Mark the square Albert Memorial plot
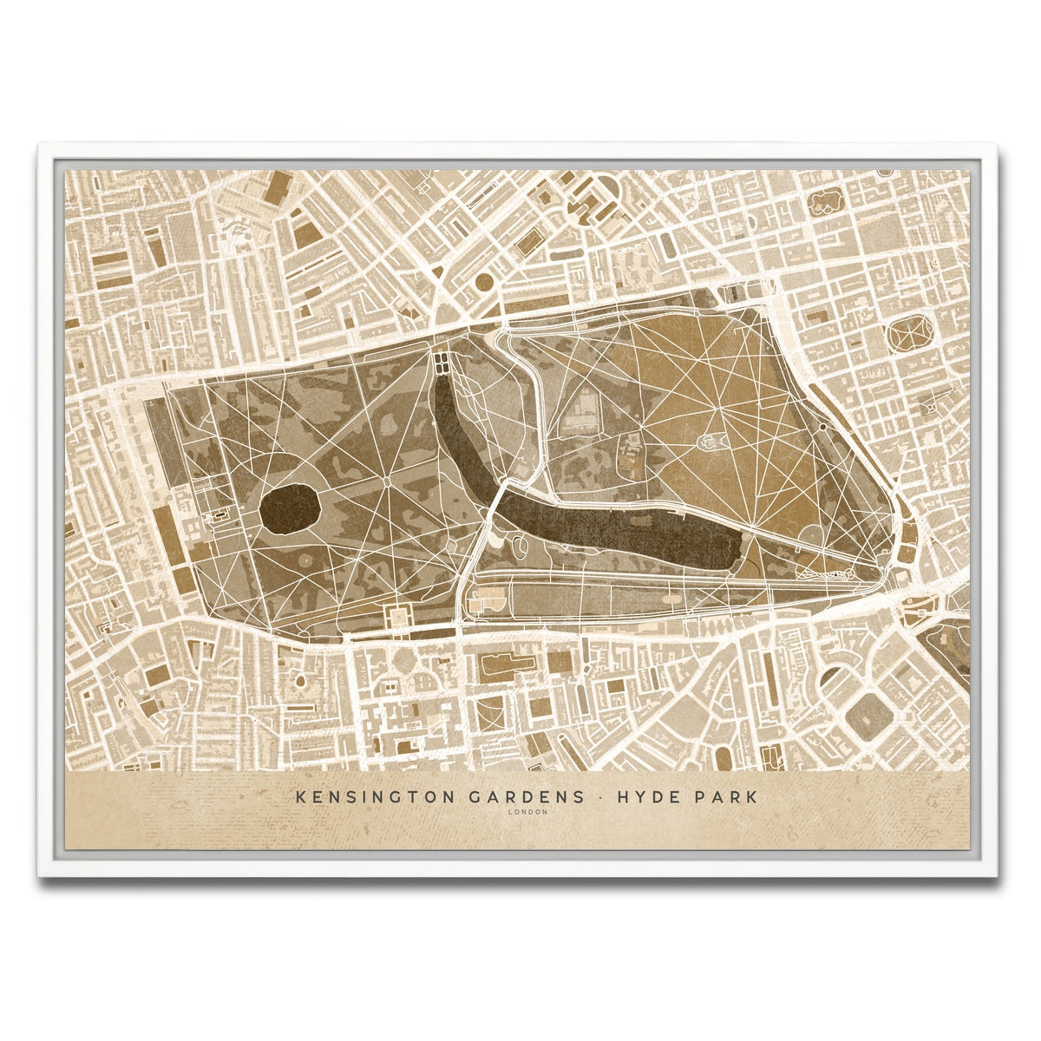[x=398, y=618]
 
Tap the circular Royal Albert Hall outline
[x=403, y=661]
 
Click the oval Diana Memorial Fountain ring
[x=521, y=547]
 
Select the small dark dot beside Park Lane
[x=822, y=427]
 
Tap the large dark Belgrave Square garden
[x=870, y=716]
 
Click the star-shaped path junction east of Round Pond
[x=387, y=478]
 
